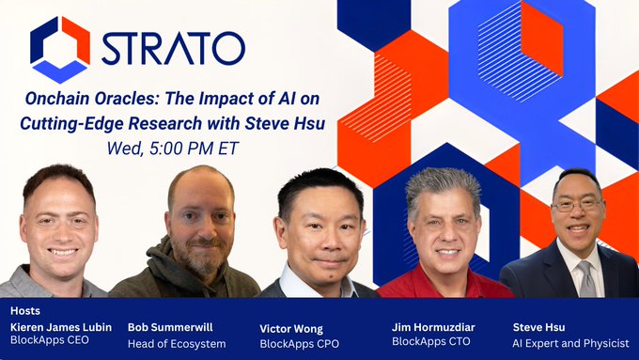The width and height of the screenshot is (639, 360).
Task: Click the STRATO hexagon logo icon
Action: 59,49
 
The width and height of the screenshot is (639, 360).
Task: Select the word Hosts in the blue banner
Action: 26,310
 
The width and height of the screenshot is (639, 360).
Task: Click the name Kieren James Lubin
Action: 60,327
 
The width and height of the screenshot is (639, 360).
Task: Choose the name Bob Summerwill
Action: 170,327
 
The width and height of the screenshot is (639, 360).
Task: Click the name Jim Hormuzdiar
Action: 433,327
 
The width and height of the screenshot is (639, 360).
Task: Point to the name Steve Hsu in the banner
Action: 540,327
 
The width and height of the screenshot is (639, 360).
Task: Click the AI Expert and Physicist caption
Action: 570,343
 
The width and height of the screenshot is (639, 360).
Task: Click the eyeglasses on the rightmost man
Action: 577,205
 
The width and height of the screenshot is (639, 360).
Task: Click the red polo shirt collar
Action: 442,277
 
